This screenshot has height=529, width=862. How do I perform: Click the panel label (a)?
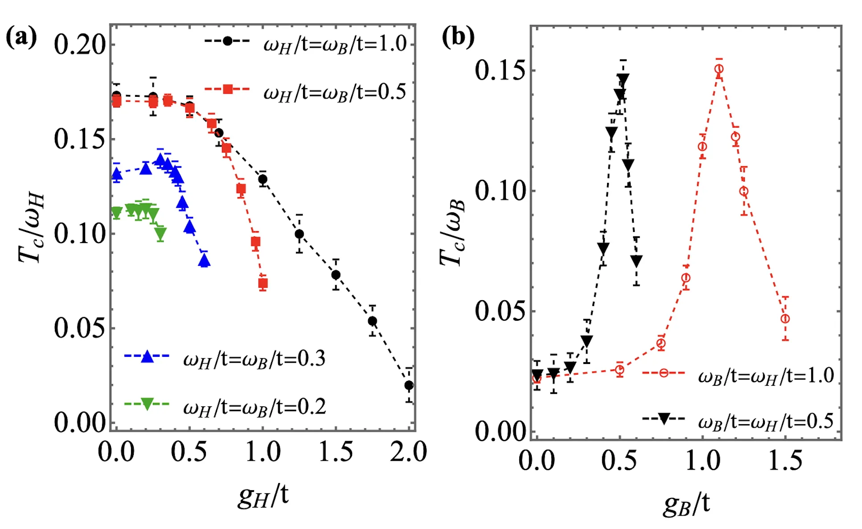click(21, 37)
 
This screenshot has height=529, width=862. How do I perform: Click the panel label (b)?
click(458, 37)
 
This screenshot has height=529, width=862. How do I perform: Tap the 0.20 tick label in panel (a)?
click(80, 45)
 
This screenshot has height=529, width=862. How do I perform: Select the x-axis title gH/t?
click(263, 496)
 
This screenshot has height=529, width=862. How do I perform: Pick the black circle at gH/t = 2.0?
click(409, 385)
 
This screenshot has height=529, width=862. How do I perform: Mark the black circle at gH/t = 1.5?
click(336, 275)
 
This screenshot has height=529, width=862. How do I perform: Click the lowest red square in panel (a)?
click(263, 283)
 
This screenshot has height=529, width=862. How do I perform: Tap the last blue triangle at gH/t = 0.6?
click(204, 261)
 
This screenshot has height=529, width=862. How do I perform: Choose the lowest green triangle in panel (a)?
click(160, 232)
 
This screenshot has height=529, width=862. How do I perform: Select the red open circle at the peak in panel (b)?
click(719, 69)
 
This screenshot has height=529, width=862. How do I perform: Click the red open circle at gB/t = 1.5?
click(785, 318)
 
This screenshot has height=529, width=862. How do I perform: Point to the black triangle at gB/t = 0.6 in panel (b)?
click(636, 260)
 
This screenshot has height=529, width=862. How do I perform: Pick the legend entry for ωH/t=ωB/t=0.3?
click(225, 359)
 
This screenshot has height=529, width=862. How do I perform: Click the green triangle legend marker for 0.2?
click(147, 404)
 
